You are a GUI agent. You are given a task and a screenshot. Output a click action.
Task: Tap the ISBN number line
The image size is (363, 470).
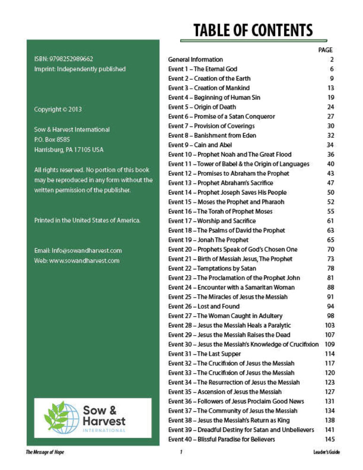[x=63, y=59]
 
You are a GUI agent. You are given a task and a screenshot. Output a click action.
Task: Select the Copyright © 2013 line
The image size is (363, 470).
[x=58, y=110]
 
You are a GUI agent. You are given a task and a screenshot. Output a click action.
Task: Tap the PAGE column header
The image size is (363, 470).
[x=325, y=50]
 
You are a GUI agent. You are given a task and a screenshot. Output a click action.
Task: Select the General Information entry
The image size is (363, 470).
[x=195, y=60]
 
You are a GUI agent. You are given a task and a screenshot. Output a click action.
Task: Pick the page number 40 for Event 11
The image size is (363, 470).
[x=330, y=164]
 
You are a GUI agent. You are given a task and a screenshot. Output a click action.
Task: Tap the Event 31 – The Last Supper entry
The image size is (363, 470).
[x=204, y=354]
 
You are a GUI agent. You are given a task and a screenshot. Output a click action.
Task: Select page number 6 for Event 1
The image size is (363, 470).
[x=332, y=69]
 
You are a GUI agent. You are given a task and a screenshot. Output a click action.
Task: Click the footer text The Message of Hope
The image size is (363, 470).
[x=45, y=453]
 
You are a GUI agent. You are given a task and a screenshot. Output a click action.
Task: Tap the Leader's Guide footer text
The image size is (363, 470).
[x=326, y=453]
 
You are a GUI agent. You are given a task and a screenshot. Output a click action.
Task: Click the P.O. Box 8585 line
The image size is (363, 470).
[x=52, y=140]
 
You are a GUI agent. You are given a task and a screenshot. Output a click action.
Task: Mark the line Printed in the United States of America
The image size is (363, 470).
[x=87, y=220]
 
